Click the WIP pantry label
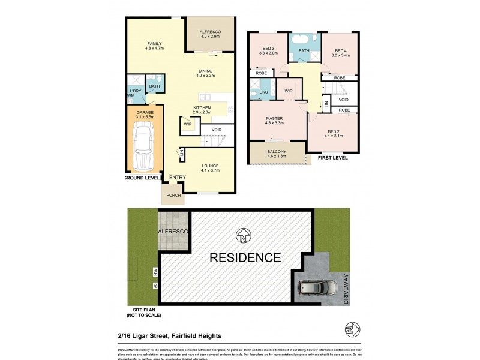tap(187, 124)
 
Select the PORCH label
tap(173, 195)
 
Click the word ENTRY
tap(178, 177)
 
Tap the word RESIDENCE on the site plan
tap(244, 258)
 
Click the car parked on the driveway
tap(317, 289)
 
